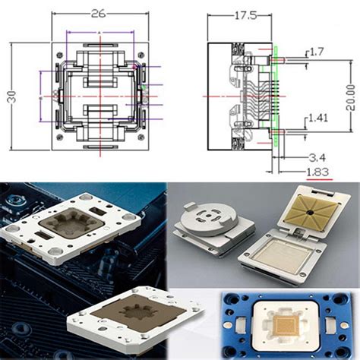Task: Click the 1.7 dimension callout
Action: (x=317, y=52)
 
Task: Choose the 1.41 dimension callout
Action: (x=320, y=118)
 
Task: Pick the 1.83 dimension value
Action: (x=317, y=172)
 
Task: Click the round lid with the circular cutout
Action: (x=207, y=220)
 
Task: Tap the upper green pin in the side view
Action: (x=277, y=55)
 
